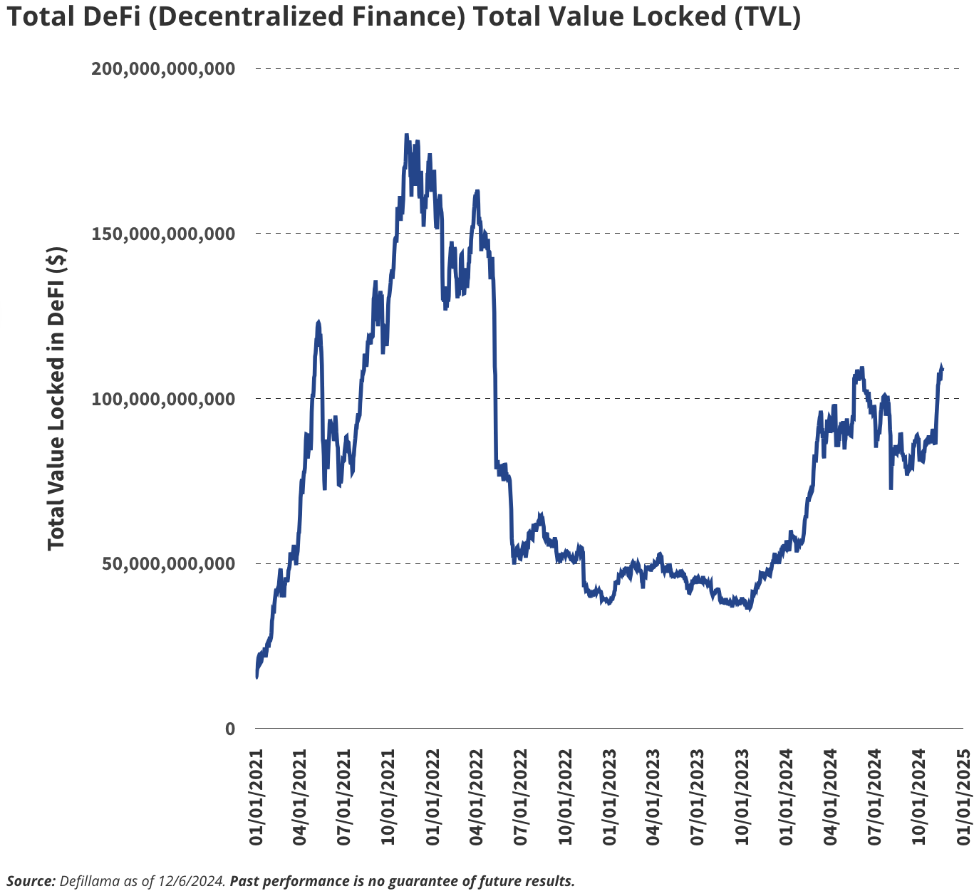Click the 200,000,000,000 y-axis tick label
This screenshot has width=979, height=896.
click(163, 68)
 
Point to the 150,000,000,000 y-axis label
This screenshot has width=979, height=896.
click(163, 234)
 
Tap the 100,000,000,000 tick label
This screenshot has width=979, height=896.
click(163, 398)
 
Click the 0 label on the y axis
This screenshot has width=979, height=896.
click(229, 729)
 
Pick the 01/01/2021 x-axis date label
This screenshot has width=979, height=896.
click(257, 797)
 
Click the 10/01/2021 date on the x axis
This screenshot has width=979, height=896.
click(389, 797)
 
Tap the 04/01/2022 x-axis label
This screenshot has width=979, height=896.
click(477, 797)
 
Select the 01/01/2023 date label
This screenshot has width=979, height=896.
click(610, 797)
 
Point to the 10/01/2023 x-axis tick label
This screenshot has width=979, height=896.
click(742, 797)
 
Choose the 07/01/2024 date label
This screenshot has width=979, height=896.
click(875, 797)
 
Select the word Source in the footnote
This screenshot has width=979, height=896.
click(31, 881)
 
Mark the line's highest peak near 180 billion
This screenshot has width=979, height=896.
click(406, 135)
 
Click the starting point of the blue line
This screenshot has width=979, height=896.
click(257, 677)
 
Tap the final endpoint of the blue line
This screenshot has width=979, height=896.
click(942, 368)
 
